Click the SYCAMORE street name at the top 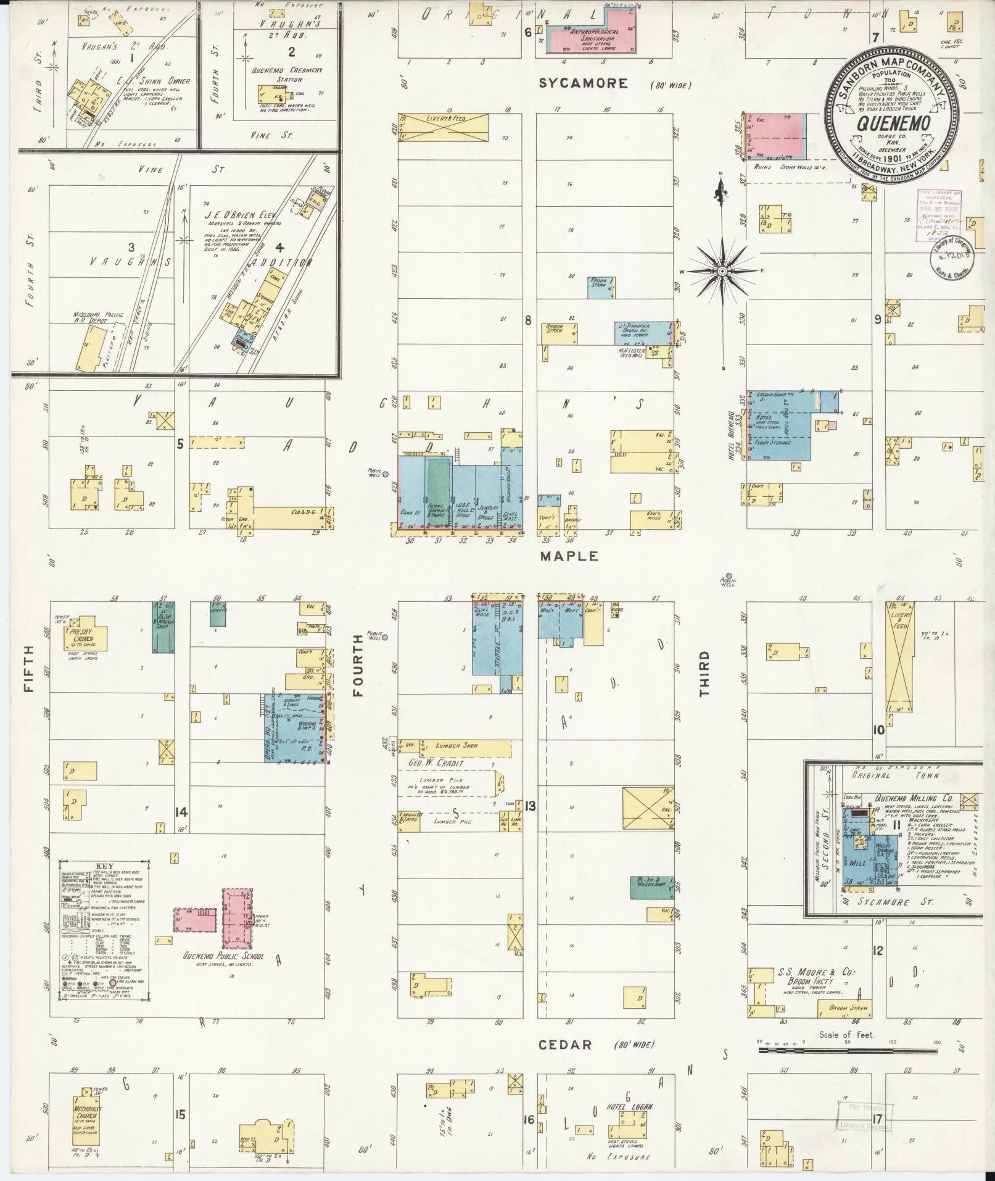[583, 83]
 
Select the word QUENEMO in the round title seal [893, 123]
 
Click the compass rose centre [722, 271]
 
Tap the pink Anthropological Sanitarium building [593, 40]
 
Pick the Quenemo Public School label [223, 974]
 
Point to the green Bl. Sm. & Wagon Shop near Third [651, 888]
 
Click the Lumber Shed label [456, 746]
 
